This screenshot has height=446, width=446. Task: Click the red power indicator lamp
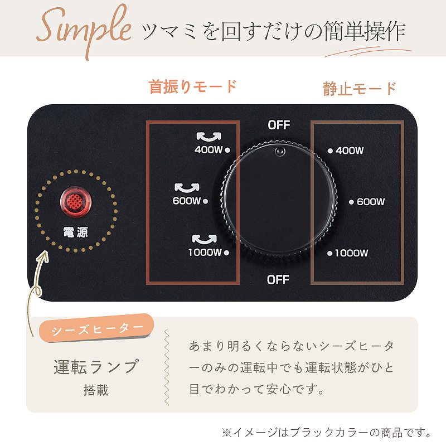click(75, 201)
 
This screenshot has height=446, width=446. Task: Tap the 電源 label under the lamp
click(76, 232)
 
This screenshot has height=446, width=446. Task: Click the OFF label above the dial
click(279, 125)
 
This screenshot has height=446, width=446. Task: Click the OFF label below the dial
click(278, 280)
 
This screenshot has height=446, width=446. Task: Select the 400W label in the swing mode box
click(208, 149)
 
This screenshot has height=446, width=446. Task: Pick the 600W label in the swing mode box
click(187, 201)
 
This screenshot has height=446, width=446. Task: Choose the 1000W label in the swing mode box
click(205, 252)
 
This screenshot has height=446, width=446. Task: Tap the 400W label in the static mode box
click(350, 151)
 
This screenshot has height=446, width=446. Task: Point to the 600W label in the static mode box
click(371, 202)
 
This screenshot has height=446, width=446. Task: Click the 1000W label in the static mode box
click(352, 253)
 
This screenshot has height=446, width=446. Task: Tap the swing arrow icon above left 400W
click(209, 137)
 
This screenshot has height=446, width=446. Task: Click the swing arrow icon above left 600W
click(187, 188)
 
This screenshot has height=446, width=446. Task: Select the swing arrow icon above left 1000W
click(204, 239)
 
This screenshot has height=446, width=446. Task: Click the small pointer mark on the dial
click(279, 151)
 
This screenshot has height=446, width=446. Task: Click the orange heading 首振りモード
click(192, 86)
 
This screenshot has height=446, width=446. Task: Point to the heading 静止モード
click(360, 89)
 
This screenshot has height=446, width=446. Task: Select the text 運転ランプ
click(96, 367)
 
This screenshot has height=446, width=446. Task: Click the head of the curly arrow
click(44, 255)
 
